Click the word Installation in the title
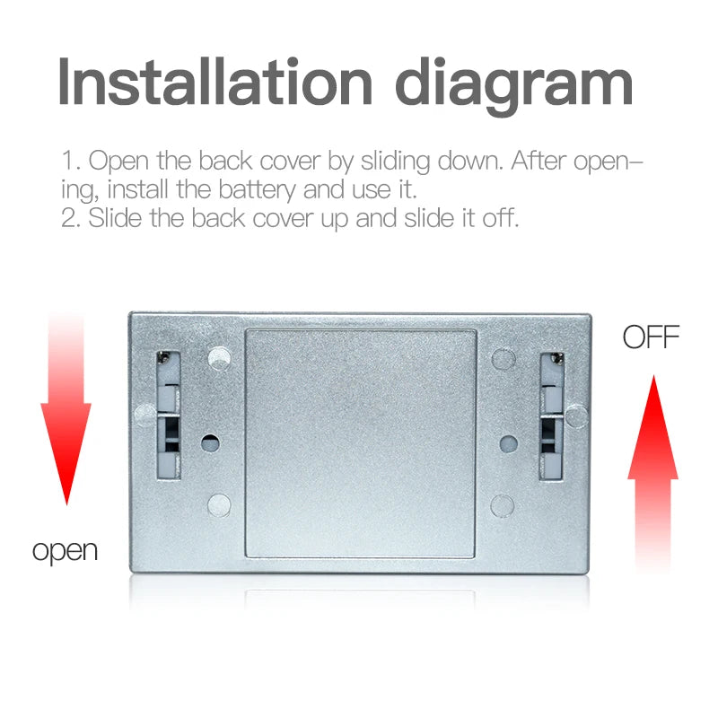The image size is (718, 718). click(x=215, y=82)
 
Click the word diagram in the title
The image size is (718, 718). click(x=514, y=87)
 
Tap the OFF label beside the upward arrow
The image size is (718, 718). click(x=651, y=337)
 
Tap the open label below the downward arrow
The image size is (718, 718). click(x=65, y=551)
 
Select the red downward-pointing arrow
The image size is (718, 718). click(x=66, y=407)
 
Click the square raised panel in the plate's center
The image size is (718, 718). click(x=361, y=443)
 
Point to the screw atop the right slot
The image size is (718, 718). click(x=556, y=358)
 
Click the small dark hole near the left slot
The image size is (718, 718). click(x=210, y=442)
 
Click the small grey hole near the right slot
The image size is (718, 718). click(x=508, y=443)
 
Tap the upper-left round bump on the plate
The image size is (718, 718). click(x=219, y=358)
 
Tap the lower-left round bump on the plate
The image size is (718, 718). click(x=219, y=504)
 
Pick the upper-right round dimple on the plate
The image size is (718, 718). click(x=503, y=359)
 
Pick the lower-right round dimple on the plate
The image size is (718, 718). click(x=503, y=506)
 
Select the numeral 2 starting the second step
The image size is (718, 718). click(x=69, y=218)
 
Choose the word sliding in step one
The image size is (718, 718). click(x=395, y=162)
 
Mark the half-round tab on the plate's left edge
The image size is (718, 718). click(x=145, y=415)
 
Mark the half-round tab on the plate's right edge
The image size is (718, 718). click(x=576, y=416)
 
